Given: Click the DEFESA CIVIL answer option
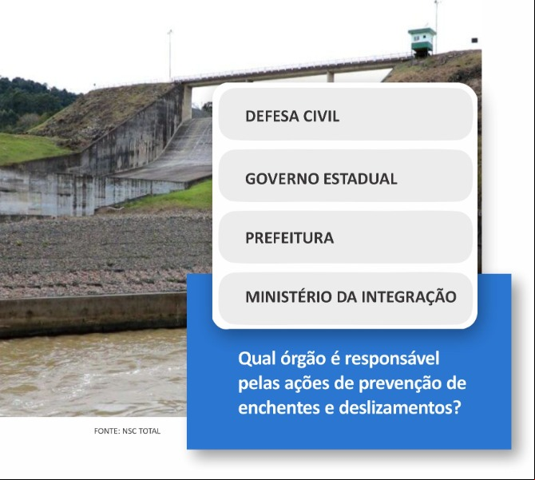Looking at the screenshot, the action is (x=345, y=114).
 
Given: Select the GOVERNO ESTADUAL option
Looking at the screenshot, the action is (x=345, y=176).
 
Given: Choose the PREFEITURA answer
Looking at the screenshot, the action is (x=345, y=237).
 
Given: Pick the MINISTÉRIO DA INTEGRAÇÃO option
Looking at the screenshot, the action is (x=345, y=297).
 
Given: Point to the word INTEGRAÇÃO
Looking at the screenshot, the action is (x=409, y=296).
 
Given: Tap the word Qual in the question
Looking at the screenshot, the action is (x=256, y=359).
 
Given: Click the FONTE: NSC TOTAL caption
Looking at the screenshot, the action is (x=127, y=430).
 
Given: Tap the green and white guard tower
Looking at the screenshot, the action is (x=422, y=42).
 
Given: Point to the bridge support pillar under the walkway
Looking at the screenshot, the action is (x=187, y=102).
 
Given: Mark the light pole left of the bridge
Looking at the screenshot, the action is (x=170, y=55).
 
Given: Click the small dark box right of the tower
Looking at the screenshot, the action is (x=474, y=41).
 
